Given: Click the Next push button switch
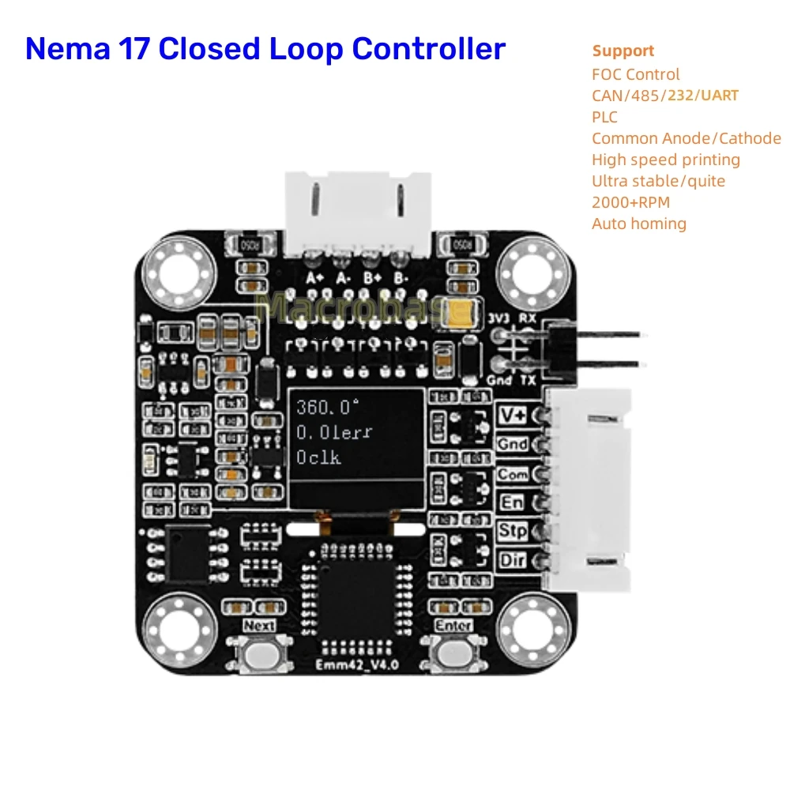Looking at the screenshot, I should coord(259,655).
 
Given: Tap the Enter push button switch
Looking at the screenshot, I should coord(453,655).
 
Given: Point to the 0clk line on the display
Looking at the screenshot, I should coord(319,457).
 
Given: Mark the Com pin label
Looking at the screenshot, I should coord(512,475).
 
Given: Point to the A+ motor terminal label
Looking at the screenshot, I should coord(315,278).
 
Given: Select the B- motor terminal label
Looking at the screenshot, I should coord(401,278).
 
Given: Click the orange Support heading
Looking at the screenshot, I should coord(623,51).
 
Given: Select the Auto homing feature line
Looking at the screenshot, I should coord(639,224).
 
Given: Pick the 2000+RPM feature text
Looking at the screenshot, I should coord(630,202).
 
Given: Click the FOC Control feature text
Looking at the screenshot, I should coord(635,74).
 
